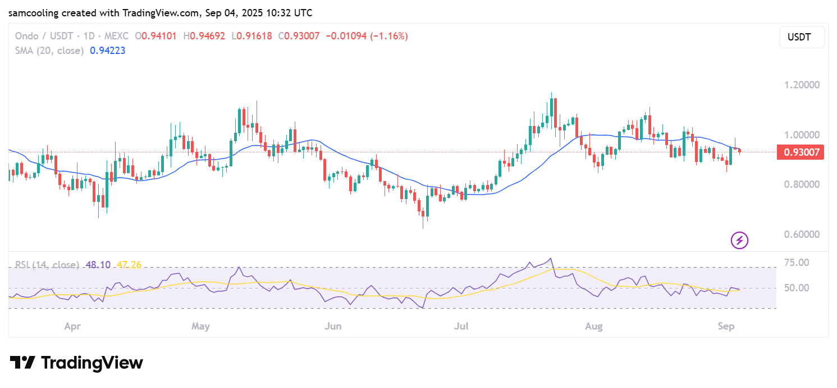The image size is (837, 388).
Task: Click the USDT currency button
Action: (802, 37)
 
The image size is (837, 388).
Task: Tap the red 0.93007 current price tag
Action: (800, 152)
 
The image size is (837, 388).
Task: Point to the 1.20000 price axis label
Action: (802, 85)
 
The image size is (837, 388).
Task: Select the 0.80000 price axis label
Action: (802, 184)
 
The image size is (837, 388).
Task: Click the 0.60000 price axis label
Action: (802, 234)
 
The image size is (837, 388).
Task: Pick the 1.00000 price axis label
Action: (802, 135)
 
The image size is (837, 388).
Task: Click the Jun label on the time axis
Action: (333, 326)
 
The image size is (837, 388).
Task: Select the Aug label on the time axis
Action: (593, 326)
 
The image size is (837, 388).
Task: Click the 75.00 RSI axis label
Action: (797, 263)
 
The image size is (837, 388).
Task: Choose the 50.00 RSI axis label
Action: (797, 288)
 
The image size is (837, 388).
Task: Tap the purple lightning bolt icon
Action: (739, 241)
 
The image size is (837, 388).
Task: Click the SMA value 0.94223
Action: (107, 51)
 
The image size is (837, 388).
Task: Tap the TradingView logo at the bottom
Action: (76, 363)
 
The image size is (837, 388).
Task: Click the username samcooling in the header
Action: (33, 12)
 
